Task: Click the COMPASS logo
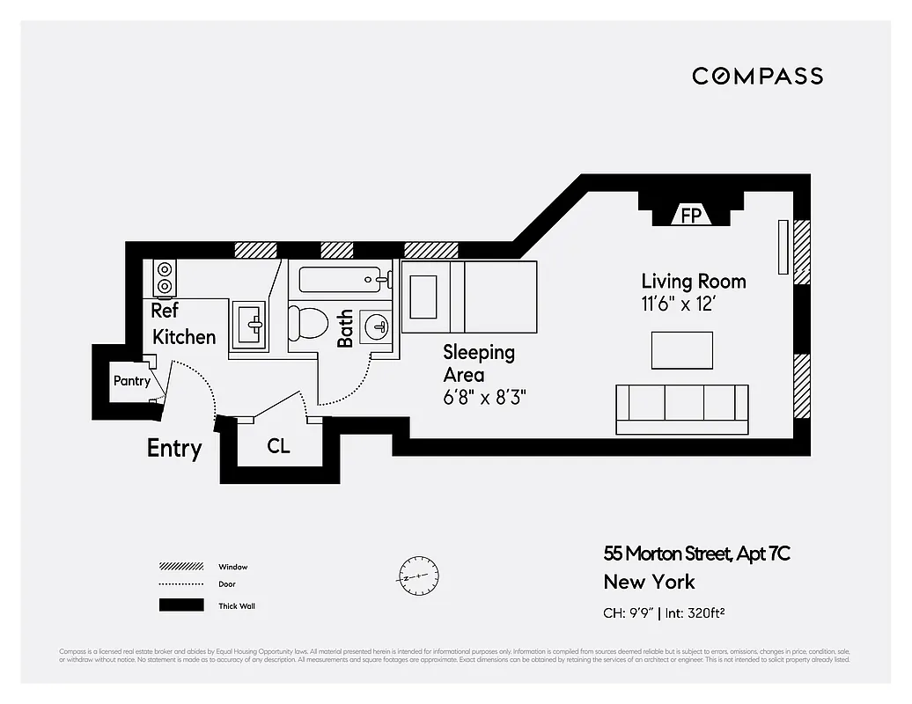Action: (757, 76)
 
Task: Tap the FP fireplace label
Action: (691, 215)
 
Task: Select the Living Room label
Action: (693, 282)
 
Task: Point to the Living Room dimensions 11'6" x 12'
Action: (687, 304)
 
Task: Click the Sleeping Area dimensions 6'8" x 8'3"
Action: (484, 397)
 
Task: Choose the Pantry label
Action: (131, 381)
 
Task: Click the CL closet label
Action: (278, 446)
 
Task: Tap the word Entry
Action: (174, 448)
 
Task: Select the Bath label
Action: (345, 327)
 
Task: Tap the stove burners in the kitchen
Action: (165, 277)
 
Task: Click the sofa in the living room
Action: (681, 408)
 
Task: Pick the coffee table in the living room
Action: (681, 350)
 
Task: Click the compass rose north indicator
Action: (417, 577)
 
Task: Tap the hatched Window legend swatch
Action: (175, 567)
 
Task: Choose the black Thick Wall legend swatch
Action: (175, 605)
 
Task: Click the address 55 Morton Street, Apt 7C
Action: (696, 554)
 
